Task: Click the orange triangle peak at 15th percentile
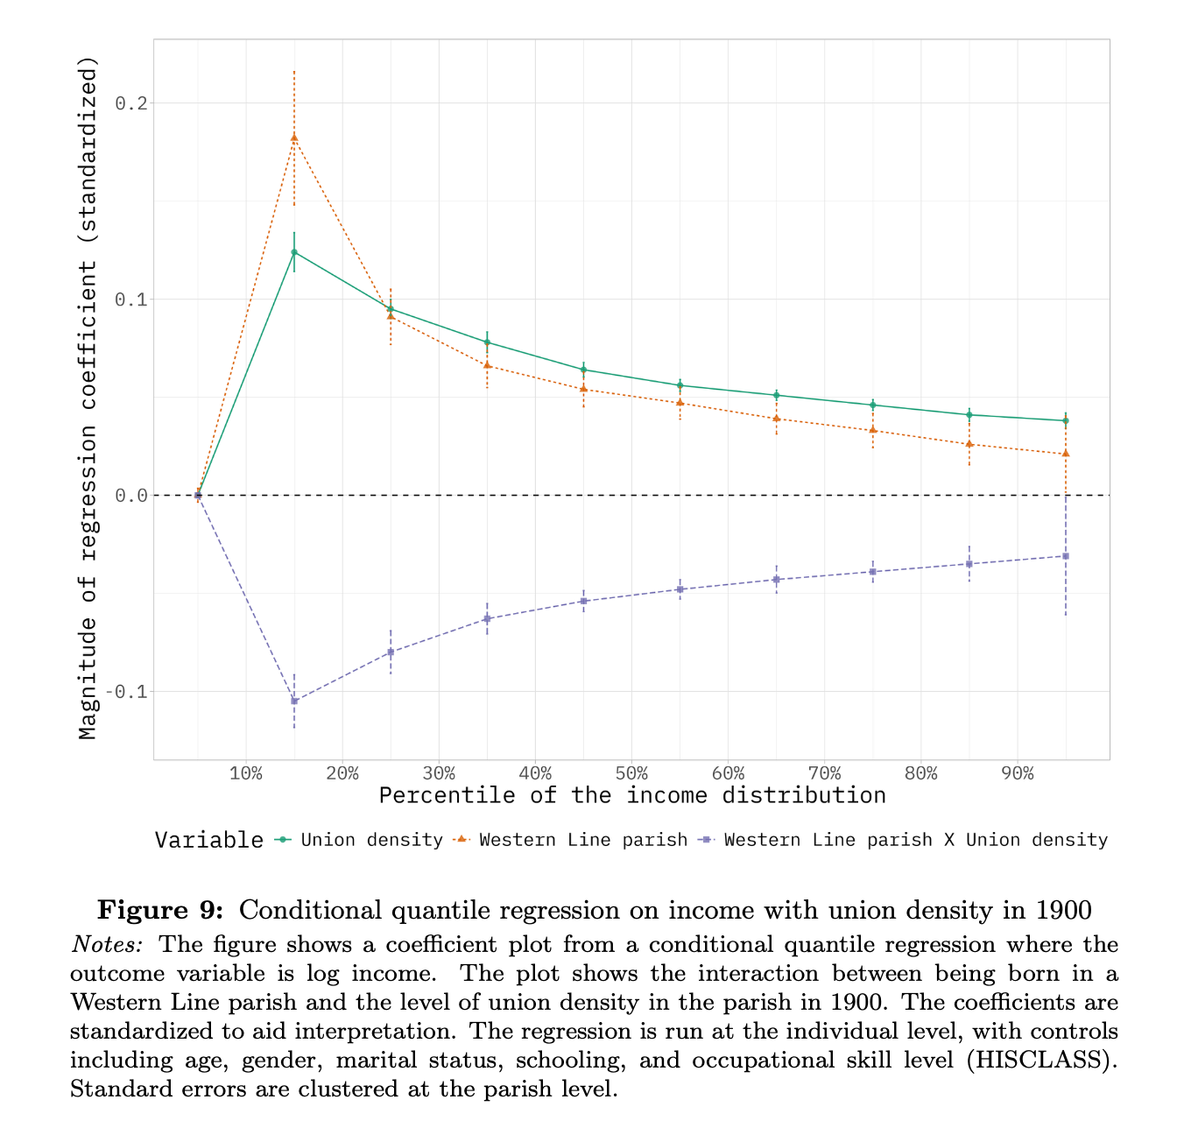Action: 294,137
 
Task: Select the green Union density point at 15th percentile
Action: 294,252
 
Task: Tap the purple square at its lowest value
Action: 294,701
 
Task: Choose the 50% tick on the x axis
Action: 631,774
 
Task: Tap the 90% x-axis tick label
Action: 1017,774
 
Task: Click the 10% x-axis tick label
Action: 246,774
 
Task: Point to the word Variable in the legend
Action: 208,840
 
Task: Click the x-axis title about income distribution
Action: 631,795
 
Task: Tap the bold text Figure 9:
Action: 160,911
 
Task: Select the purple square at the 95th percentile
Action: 1065,556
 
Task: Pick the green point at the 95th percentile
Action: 1065,420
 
